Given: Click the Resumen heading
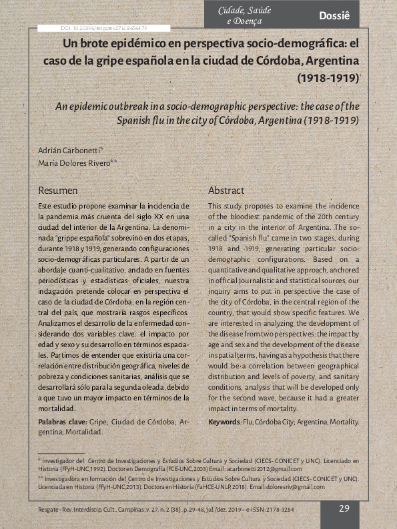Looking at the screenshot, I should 58,191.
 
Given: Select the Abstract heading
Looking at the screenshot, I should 226,191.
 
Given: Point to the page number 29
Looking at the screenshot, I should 344,508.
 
